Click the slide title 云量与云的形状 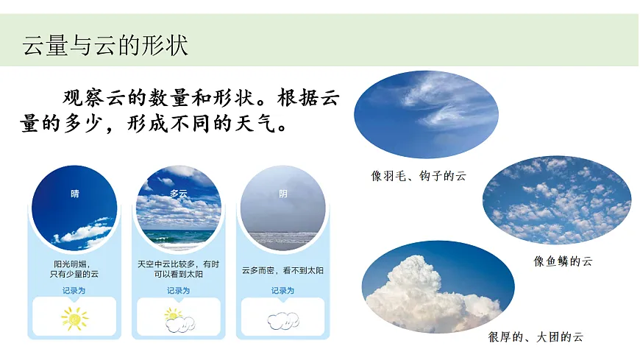105,45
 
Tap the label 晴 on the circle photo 74,194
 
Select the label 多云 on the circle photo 179,194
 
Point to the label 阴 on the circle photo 283,194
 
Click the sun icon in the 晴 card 74,318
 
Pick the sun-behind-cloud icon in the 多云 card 179,318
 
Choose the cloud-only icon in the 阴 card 283,320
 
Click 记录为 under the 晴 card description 74,291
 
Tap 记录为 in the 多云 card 179,291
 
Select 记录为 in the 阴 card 283,291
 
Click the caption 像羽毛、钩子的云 419,176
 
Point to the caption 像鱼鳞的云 563,261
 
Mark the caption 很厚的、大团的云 536,337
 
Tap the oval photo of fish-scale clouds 557,200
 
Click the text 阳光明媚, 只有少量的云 74,269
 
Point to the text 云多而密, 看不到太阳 283,271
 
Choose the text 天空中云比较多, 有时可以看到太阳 179,269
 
